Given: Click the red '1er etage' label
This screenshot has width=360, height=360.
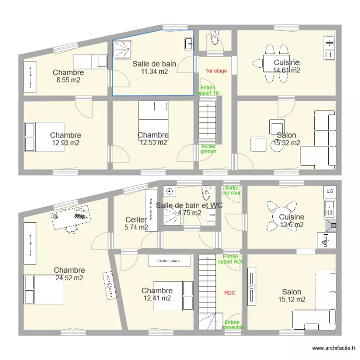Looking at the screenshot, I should pos(216,71).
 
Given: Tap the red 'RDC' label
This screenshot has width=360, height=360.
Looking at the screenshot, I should pos(229,292).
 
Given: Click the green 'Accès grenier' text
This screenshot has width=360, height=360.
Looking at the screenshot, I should pos(208,149).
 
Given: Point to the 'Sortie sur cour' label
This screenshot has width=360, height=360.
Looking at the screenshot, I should pos(232,191).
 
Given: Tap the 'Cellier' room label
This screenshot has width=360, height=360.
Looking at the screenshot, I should pos(136,220).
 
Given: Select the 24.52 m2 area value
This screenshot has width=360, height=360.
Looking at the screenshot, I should pos(69,278).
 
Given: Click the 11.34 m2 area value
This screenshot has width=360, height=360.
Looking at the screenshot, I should pos(154,72).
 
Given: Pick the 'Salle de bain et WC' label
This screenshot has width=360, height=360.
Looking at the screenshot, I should pos(189,205).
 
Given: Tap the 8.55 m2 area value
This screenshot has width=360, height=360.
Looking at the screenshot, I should pos(68,80).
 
